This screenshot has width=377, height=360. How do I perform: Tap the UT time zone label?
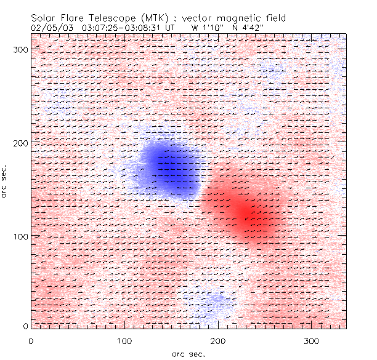[171, 27]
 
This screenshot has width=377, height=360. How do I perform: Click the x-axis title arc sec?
[188, 353]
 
